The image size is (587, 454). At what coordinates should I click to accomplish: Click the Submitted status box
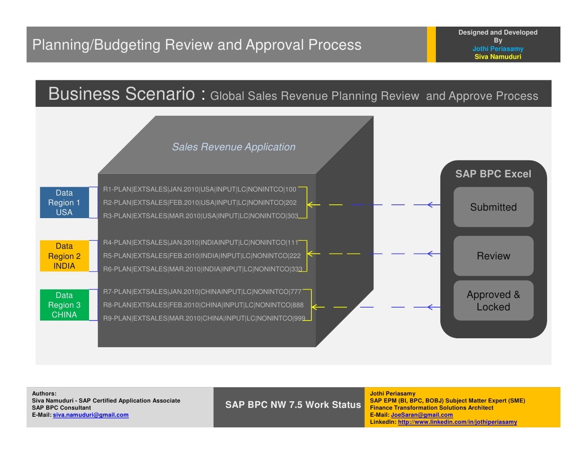[x=493, y=207]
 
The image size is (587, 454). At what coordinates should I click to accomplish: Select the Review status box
[x=493, y=256]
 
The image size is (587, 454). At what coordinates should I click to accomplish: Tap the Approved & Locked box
[x=493, y=301]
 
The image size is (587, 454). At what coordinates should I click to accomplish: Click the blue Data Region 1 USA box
[x=64, y=203]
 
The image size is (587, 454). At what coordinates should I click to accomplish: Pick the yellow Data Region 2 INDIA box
[x=64, y=256]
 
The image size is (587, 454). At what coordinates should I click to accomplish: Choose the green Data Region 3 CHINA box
[x=64, y=305]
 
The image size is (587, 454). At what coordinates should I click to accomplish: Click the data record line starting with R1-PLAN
[x=199, y=189]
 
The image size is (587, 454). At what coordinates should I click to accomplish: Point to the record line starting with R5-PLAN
[x=202, y=256]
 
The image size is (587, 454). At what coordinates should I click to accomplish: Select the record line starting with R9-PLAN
[x=204, y=318]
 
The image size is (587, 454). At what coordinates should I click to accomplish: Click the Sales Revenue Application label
[x=233, y=147]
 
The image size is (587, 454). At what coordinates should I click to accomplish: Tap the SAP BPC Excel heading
[x=493, y=174]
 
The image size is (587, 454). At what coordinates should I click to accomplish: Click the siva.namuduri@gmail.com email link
[x=91, y=415]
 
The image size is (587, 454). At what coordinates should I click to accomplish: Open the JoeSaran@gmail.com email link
[x=422, y=415]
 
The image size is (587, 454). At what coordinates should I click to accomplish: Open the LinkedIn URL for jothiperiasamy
[x=457, y=422]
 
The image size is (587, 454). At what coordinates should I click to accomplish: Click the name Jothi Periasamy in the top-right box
[x=498, y=49]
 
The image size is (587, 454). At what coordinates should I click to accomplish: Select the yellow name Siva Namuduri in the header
[x=498, y=57]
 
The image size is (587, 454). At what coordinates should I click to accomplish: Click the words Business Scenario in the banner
[x=121, y=94]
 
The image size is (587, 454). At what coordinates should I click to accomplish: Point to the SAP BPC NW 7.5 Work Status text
[x=293, y=405]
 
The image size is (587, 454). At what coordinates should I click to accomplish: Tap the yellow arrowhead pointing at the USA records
[x=310, y=205]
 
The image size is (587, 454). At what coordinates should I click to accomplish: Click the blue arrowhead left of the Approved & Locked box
[x=430, y=307]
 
